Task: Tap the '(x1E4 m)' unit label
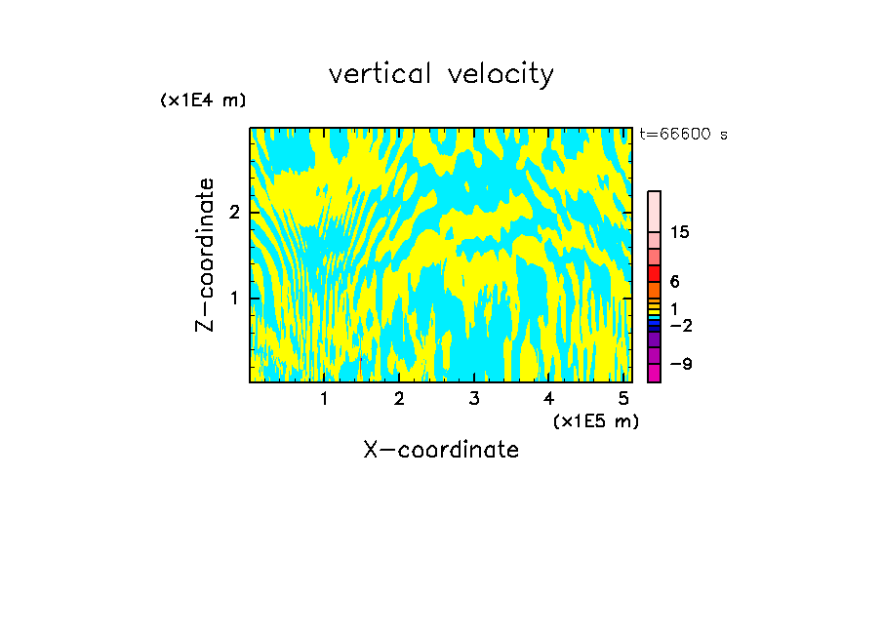pyautogui.click(x=203, y=100)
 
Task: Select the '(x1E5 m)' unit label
pyautogui.click(x=595, y=420)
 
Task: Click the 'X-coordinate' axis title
pyautogui.click(x=441, y=450)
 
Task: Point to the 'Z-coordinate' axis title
pyautogui.click(x=205, y=255)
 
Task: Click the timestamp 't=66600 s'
pyautogui.click(x=683, y=135)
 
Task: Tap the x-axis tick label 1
pyautogui.click(x=324, y=399)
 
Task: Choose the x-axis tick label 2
pyautogui.click(x=399, y=399)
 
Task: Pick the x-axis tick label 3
pyautogui.click(x=473, y=399)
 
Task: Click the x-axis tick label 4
pyautogui.click(x=548, y=399)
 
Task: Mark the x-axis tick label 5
pyautogui.click(x=623, y=399)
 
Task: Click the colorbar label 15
pyautogui.click(x=680, y=232)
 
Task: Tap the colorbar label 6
pyautogui.click(x=674, y=282)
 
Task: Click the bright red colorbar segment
pyautogui.click(x=654, y=272)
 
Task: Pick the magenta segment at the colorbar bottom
pyautogui.click(x=654, y=373)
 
